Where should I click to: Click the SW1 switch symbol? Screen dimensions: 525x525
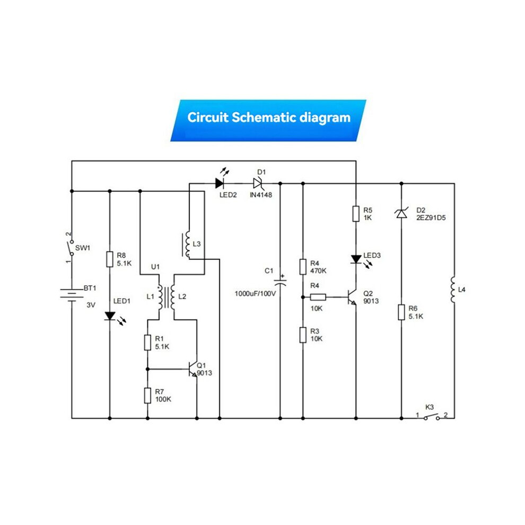click(x=71, y=248)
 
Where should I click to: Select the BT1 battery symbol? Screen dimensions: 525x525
click(x=72, y=295)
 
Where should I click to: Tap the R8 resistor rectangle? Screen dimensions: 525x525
click(x=109, y=259)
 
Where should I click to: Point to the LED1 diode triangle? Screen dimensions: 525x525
click(x=110, y=316)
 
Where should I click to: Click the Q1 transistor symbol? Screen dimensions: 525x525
click(x=193, y=369)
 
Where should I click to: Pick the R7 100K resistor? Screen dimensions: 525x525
click(x=147, y=396)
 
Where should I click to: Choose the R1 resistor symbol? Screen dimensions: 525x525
click(x=147, y=343)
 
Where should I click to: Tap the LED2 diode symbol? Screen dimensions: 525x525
click(x=220, y=183)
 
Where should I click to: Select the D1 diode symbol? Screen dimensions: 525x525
click(x=258, y=183)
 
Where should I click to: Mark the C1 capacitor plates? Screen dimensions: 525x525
click(x=280, y=282)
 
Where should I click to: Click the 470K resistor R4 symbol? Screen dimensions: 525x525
click(x=303, y=267)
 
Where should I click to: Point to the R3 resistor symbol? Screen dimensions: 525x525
click(x=303, y=335)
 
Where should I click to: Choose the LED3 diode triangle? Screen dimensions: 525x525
click(x=356, y=259)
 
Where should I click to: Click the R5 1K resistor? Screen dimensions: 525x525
click(x=356, y=214)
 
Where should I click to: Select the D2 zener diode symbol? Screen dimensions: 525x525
click(x=401, y=213)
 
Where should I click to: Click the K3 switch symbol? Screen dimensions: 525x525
click(x=432, y=417)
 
